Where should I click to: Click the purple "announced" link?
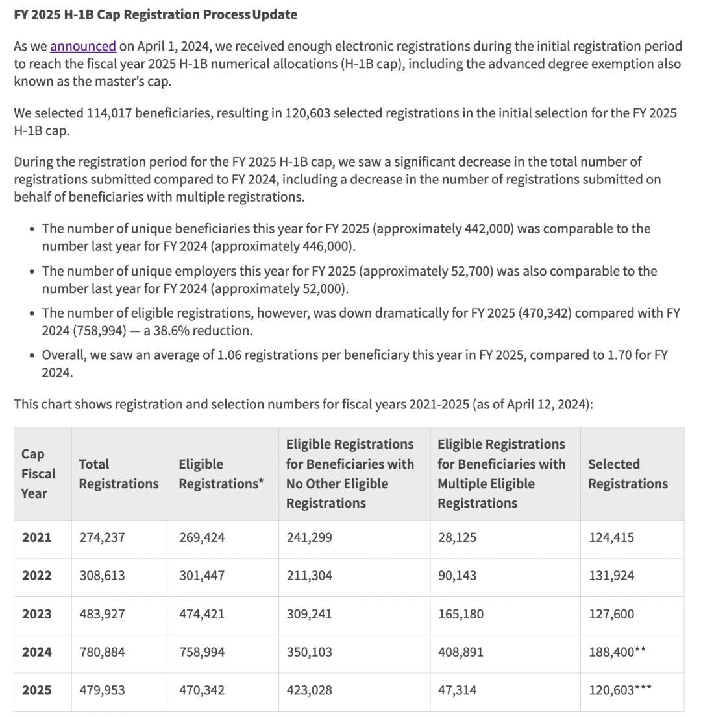[83, 47]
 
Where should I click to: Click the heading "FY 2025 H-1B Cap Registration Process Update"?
[156, 14]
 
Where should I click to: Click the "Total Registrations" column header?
[119, 474]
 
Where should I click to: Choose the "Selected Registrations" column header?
[628, 474]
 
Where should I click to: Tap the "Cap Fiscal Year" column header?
[39, 474]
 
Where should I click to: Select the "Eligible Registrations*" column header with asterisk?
[221, 474]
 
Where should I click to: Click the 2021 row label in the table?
[36, 537]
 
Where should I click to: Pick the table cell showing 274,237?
[102, 537]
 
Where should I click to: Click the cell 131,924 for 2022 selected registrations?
[611, 576]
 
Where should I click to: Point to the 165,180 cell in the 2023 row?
[461, 614]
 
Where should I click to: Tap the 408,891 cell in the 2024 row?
[461, 652]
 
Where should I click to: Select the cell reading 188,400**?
[617, 652]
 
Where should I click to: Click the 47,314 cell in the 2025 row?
[457, 690]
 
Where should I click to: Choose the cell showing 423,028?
[309, 690]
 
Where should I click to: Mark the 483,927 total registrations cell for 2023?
[102, 614]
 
